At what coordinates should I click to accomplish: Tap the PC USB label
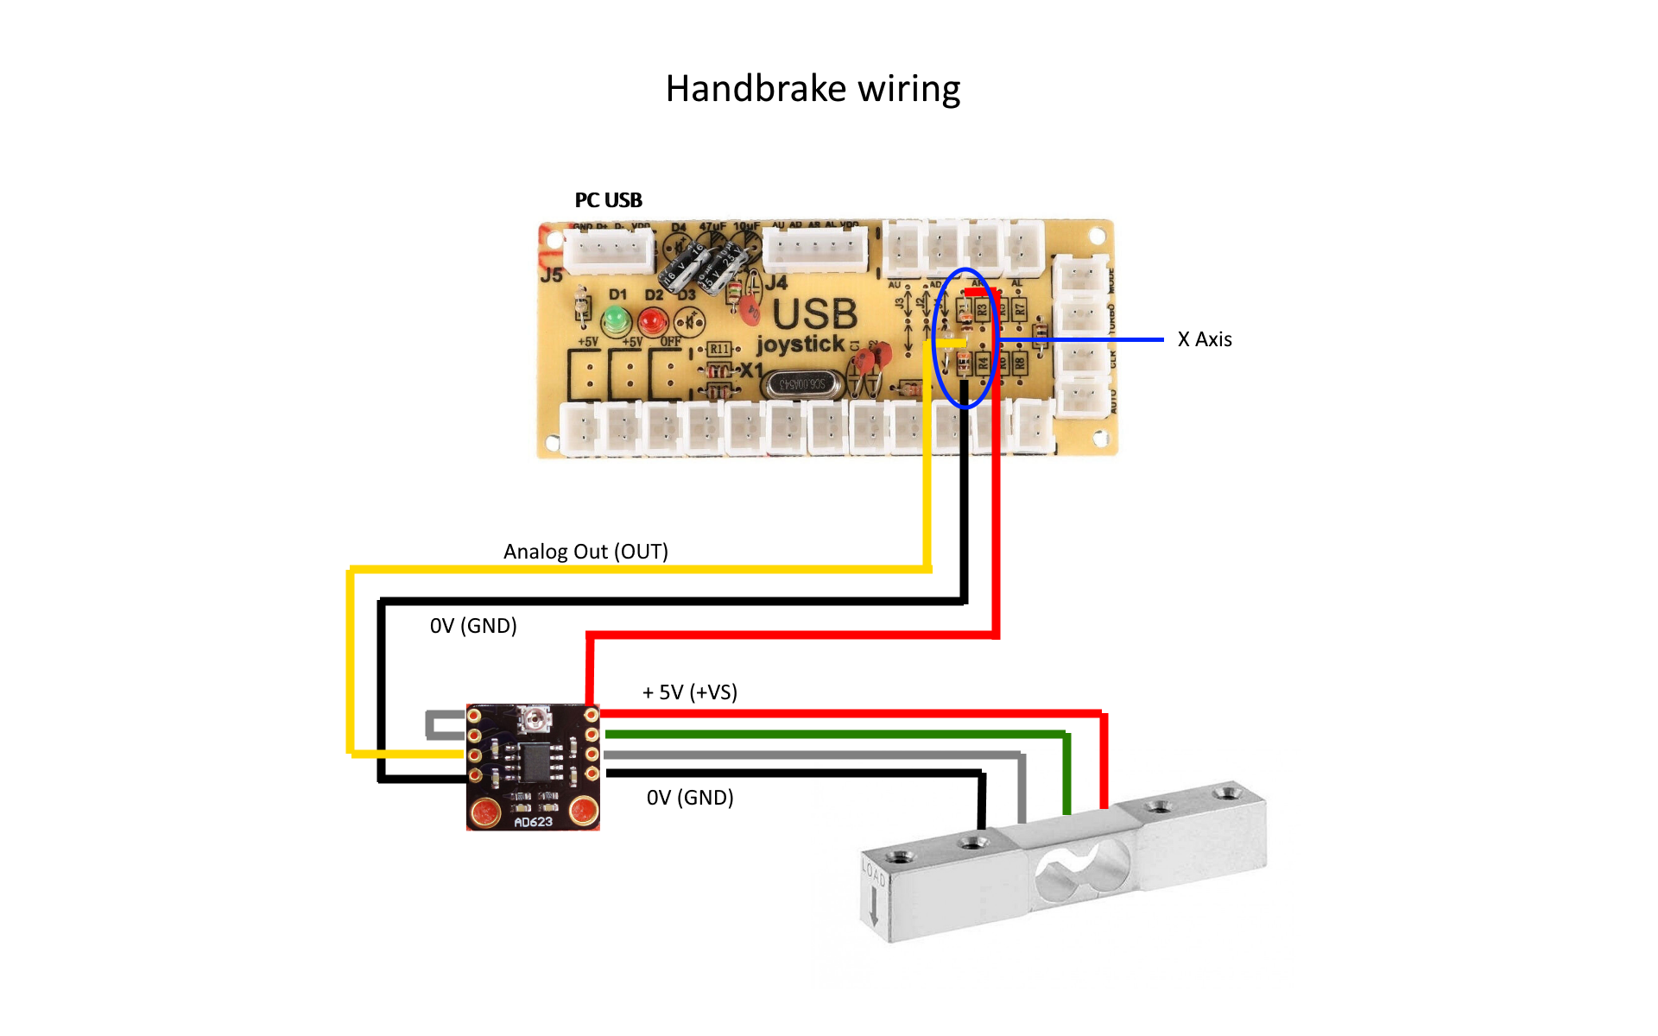[609, 200]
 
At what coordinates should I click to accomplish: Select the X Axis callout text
[1205, 339]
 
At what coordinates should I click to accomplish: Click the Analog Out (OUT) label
[585, 552]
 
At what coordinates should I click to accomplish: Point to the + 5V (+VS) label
[690, 692]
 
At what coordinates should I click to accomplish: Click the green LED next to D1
[616, 320]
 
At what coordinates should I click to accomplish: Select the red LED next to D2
[653, 321]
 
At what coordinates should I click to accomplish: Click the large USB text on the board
[814, 314]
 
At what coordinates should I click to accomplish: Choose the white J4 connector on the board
[815, 250]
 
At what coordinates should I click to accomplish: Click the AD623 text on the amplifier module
[533, 822]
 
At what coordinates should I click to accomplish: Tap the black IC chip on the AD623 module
[535, 761]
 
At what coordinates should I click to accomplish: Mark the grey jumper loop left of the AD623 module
[441, 725]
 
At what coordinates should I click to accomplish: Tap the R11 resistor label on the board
[719, 349]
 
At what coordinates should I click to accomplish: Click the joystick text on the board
[801, 344]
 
